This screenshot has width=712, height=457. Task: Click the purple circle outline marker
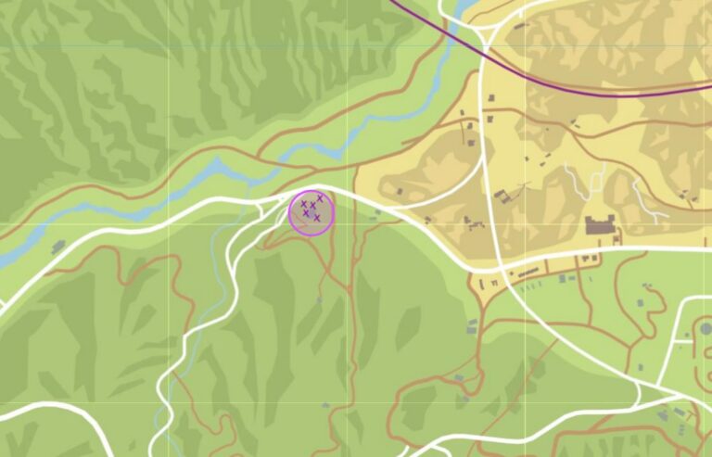pyautogui.click(x=311, y=212)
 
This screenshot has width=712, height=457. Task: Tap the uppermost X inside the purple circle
pyautogui.click(x=320, y=197)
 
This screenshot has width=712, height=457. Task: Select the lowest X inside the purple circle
pyautogui.click(x=317, y=218)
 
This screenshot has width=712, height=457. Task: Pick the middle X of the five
pyautogui.click(x=311, y=207)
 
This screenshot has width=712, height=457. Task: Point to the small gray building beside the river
pyautogui.click(x=58, y=247)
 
